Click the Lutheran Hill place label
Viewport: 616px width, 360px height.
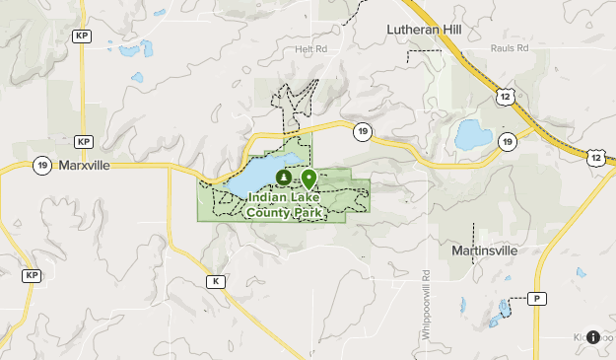click(x=423, y=31)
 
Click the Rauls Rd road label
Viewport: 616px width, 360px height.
click(x=510, y=48)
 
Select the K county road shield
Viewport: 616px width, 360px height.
click(x=215, y=281)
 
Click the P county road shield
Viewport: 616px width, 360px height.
click(x=537, y=298)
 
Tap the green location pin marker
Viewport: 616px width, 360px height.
click(x=308, y=179)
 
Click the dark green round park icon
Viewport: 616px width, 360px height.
click(x=283, y=178)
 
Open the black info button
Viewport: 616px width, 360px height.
click(x=592, y=337)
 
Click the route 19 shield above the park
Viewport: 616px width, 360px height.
click(x=363, y=131)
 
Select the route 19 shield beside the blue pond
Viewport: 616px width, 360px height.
click(x=507, y=142)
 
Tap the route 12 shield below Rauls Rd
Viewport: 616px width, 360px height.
click(x=505, y=96)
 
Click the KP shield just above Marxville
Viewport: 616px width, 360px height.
click(x=82, y=141)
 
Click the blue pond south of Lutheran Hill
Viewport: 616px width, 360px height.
click(x=473, y=134)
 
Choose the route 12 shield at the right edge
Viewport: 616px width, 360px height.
click(x=597, y=157)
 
